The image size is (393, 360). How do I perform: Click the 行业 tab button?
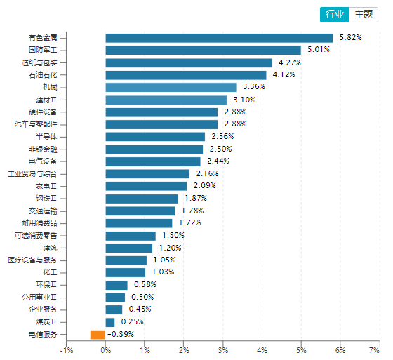[x=335, y=14]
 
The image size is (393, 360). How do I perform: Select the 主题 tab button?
[x=364, y=14]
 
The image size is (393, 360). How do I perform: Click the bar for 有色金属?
[x=219, y=38]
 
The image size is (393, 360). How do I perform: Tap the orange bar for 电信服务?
[x=98, y=335]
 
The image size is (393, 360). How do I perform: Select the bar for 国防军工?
[x=203, y=50]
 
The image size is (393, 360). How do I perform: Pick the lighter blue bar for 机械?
[x=171, y=87]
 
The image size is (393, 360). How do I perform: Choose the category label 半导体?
[x=56, y=136]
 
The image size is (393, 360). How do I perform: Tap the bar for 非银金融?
[x=154, y=149]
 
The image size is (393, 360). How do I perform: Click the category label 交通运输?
[x=53, y=211]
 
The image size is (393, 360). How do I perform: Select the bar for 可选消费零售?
[x=131, y=236]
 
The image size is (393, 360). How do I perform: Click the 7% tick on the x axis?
[x=379, y=349]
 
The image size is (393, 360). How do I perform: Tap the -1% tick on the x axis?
[x=67, y=349]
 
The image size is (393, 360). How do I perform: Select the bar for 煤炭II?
[x=110, y=322]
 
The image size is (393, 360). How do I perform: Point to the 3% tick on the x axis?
[x=223, y=349]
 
